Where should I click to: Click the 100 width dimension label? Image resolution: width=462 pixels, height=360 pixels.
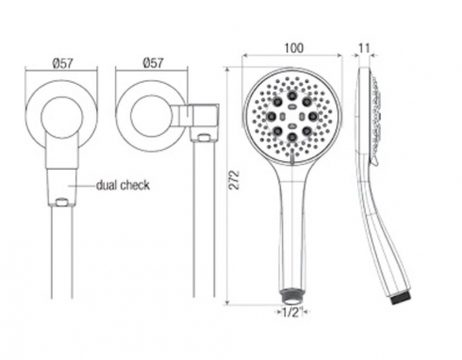294,48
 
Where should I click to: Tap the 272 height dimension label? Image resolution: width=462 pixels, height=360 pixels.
235,180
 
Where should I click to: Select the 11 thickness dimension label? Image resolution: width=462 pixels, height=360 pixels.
364,48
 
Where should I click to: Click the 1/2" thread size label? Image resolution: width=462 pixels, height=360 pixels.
292,313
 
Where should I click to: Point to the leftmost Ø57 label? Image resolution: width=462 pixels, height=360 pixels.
63,63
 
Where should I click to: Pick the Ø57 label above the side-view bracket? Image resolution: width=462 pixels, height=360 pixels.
153,63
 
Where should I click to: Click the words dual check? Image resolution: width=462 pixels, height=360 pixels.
123,186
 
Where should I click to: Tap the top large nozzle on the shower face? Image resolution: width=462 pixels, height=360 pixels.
292,95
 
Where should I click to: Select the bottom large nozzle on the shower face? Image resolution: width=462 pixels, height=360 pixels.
292,137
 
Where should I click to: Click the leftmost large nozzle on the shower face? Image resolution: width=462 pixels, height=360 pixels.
272,116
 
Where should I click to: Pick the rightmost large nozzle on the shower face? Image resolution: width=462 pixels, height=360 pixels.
313,116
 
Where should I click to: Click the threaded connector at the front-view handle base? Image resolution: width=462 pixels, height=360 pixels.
291,296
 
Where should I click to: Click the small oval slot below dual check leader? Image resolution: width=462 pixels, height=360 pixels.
61,201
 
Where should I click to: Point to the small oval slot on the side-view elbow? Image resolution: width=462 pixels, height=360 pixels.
205,137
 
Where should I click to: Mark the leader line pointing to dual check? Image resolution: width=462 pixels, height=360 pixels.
82,186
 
